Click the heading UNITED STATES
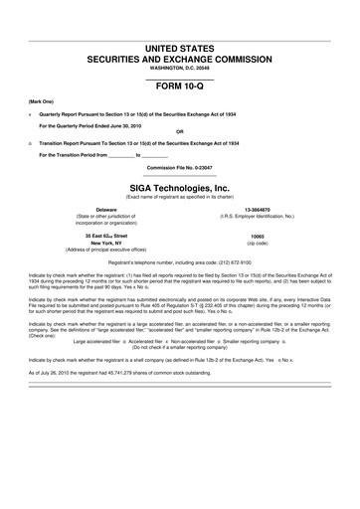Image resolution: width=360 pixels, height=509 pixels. coord(179,49)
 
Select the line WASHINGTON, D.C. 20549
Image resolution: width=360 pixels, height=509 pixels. coord(179,69)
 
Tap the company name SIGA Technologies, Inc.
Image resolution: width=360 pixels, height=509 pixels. coord(179,187)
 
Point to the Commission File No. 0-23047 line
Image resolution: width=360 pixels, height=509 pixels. coord(179,168)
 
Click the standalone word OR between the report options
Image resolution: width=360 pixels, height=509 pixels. coord(179,131)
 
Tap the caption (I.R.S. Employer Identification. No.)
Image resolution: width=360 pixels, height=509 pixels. coord(258,218)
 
